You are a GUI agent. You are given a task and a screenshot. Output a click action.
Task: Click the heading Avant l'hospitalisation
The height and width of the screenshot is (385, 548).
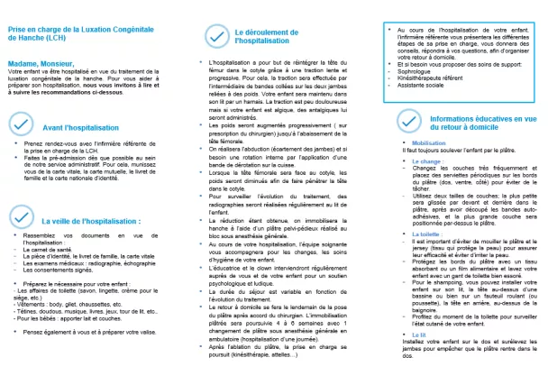coord(72,127)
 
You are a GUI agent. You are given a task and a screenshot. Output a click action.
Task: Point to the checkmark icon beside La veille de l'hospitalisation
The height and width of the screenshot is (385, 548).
coord(20,217)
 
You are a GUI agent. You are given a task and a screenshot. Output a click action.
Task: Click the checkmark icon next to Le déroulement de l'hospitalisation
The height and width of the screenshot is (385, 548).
coord(215,35)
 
